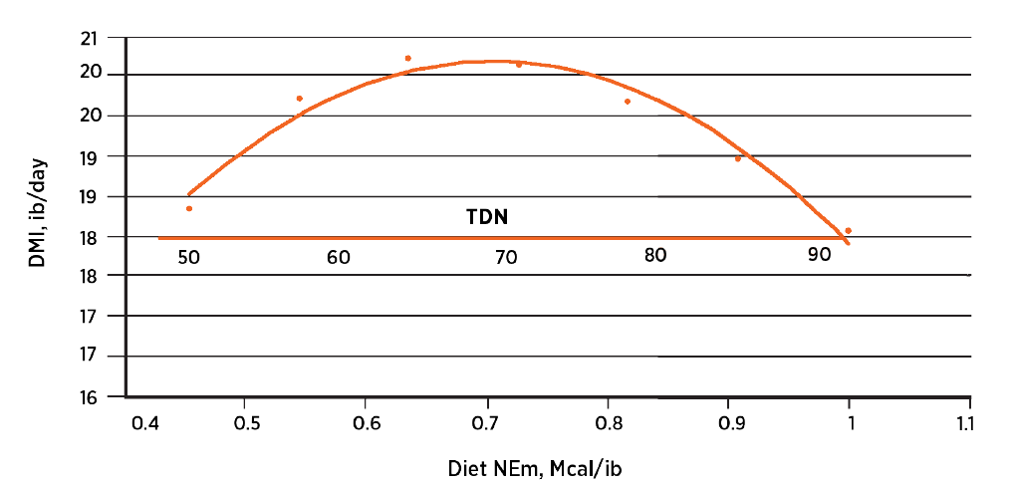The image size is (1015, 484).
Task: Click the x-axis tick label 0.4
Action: pyautogui.click(x=146, y=422)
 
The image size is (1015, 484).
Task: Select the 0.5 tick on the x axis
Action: pyautogui.click(x=247, y=422)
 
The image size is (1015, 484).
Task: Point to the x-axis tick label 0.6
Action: pyautogui.click(x=366, y=422)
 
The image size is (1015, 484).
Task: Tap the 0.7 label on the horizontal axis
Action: pyautogui.click(x=487, y=422)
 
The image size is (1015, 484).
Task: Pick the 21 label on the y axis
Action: pyautogui.click(x=90, y=39)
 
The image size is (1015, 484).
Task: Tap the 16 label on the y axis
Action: pyautogui.click(x=90, y=397)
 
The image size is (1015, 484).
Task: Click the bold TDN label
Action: pyautogui.click(x=488, y=216)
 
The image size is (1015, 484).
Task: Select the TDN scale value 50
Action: pyautogui.click(x=189, y=257)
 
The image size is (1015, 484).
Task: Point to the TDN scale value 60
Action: pyautogui.click(x=338, y=257)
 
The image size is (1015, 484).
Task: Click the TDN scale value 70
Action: pyautogui.click(x=506, y=257)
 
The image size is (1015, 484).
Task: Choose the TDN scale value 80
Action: pyautogui.click(x=654, y=255)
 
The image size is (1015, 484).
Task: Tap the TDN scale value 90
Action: pyautogui.click(x=820, y=255)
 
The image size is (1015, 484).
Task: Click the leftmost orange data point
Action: pyautogui.click(x=189, y=208)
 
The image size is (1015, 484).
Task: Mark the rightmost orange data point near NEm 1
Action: pyautogui.click(x=848, y=230)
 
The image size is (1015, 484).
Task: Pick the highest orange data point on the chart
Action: pyautogui.click(x=408, y=59)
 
